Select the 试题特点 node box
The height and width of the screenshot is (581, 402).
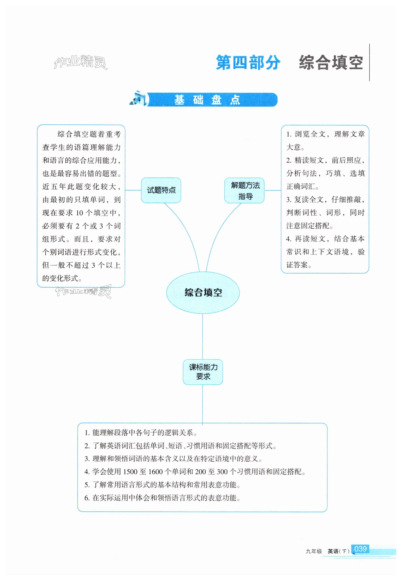(161, 190)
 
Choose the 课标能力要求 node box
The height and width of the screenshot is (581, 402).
(203, 372)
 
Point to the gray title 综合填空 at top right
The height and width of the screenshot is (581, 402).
(331, 63)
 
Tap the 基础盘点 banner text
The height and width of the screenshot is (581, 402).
(207, 100)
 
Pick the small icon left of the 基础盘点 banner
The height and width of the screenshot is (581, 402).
(138, 99)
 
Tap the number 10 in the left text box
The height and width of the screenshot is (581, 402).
(79, 213)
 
